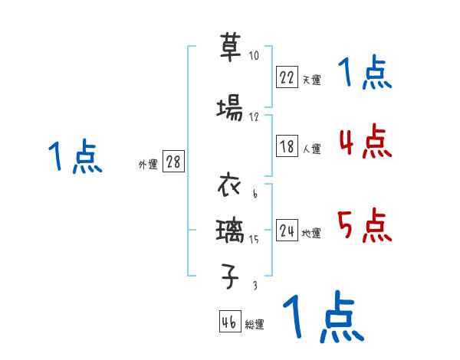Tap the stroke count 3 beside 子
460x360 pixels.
click(254, 285)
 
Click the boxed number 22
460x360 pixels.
click(287, 77)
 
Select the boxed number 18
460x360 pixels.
click(287, 147)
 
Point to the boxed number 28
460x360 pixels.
click(173, 163)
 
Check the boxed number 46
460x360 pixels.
click(229, 322)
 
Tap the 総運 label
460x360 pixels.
click(255, 325)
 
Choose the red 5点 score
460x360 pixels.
click(364, 226)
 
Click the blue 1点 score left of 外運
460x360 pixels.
click(74, 158)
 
